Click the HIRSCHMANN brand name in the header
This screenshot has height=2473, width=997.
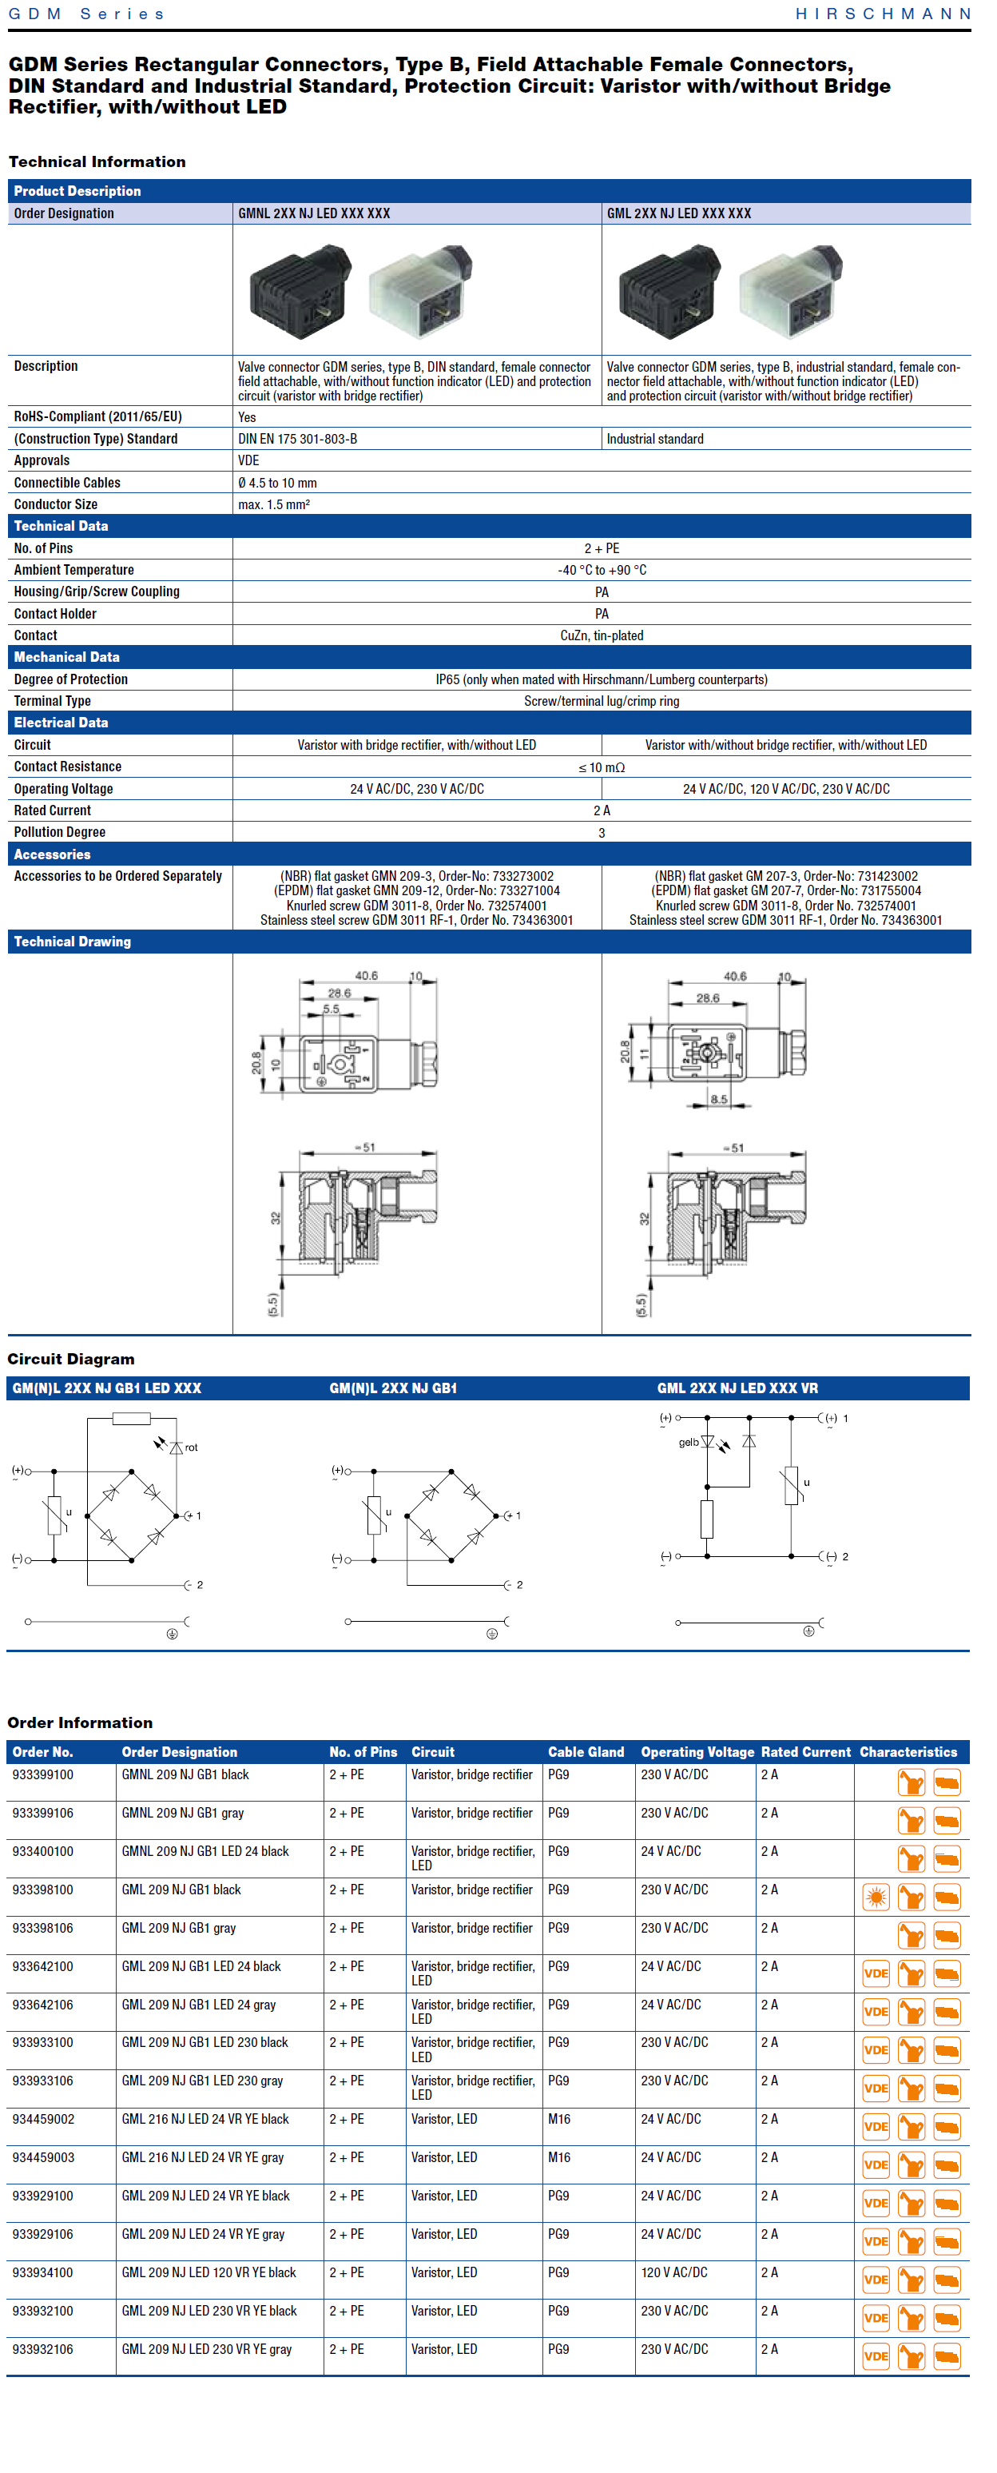883,14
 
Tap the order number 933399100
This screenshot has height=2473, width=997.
42,1774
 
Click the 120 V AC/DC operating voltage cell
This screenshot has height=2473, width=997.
673,2272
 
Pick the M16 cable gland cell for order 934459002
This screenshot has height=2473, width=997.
558,2119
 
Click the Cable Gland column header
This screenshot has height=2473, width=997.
586,1752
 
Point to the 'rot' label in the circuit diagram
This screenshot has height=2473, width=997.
191,1448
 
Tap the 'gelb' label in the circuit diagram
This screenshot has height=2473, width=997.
688,1442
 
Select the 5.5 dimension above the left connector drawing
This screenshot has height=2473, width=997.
331,1009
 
